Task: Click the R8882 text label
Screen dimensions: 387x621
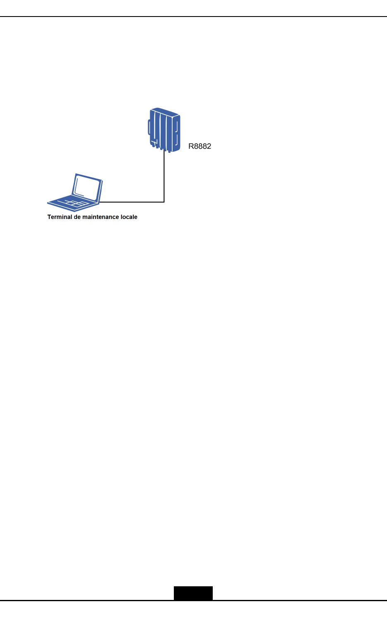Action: coord(200,146)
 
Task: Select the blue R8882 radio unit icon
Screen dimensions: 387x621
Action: coord(164,130)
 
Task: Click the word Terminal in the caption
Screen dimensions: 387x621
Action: coord(60,217)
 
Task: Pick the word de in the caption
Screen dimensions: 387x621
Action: coord(77,217)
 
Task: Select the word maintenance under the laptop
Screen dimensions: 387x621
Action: coord(101,217)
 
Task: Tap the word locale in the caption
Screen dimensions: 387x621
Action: coord(129,217)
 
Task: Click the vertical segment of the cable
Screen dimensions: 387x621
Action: coord(164,178)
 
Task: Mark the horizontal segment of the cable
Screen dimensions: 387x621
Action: coord(132,202)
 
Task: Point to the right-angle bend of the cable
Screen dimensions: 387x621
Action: coord(164,202)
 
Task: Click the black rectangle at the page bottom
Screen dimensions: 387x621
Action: coord(193,593)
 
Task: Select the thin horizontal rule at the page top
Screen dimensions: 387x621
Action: coord(193,17)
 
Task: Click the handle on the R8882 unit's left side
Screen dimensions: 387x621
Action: coord(149,127)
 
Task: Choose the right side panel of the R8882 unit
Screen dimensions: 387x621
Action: coord(177,133)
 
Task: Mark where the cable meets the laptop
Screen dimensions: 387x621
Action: coord(101,202)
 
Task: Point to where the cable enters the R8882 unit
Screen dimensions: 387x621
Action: coord(164,152)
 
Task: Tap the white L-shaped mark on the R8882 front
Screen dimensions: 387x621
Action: coord(155,143)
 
